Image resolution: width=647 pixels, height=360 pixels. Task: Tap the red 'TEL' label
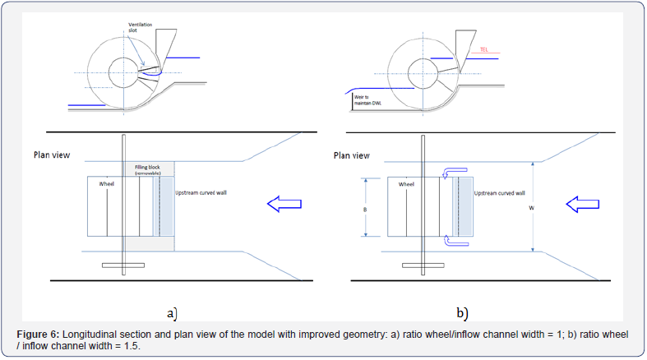[484, 49]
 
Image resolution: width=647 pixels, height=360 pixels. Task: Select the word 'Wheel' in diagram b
[407, 185]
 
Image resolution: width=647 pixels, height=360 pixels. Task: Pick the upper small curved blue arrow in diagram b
[449, 172]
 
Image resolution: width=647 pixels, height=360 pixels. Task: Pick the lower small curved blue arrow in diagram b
[449, 241]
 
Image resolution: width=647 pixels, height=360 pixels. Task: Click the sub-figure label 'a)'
[172, 312]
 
